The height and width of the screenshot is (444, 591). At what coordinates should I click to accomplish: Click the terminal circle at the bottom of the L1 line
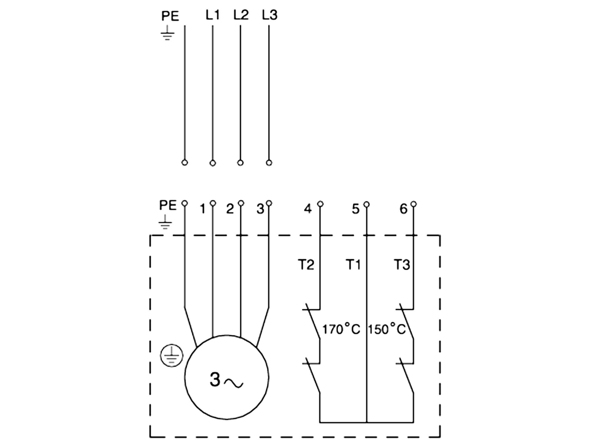tap(213, 163)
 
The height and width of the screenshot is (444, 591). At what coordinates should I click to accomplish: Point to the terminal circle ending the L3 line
tap(269, 163)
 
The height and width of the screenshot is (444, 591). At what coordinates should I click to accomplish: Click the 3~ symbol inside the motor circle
tap(226, 380)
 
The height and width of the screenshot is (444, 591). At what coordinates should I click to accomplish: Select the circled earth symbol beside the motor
tap(172, 356)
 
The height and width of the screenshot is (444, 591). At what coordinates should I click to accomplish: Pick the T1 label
tap(353, 265)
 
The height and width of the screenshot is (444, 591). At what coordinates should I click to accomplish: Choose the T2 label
tap(306, 265)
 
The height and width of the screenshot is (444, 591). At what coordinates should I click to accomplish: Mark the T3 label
tap(402, 265)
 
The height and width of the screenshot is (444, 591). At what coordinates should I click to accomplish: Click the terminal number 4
tap(308, 209)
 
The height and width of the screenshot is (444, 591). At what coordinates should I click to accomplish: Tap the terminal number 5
tap(356, 209)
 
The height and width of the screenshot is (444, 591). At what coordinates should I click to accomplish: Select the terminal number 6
tap(403, 209)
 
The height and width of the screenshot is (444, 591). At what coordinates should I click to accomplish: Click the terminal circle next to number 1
tap(213, 203)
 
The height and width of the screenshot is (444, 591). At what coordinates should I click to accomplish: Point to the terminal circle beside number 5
tap(367, 205)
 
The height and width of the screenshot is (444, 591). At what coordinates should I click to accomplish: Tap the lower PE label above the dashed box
tap(168, 205)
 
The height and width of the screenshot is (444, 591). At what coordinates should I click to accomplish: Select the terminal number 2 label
tap(230, 209)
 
